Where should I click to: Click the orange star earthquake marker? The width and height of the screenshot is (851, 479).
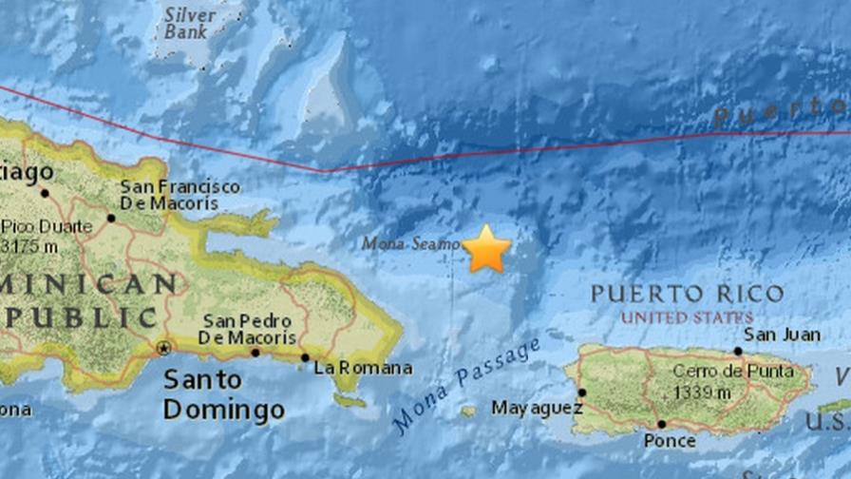[x=486, y=249]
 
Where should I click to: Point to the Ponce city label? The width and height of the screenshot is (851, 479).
[x=671, y=441]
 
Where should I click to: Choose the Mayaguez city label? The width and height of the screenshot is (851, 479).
[x=523, y=408]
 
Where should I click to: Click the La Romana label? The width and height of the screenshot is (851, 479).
[x=363, y=368]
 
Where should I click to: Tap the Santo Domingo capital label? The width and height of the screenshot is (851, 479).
[x=223, y=394]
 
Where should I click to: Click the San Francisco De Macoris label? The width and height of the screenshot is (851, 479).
[x=180, y=195]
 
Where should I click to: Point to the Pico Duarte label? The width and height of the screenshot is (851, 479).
[x=47, y=226]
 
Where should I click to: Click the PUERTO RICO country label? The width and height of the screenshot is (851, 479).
[x=688, y=294]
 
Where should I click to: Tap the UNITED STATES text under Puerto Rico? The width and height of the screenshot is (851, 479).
[x=688, y=316]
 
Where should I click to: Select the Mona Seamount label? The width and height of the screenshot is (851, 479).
[x=410, y=244]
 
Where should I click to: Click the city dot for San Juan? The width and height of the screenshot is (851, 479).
[x=737, y=351]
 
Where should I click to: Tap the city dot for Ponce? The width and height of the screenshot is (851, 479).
[x=661, y=425]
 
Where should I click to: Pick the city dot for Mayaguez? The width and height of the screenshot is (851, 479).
[x=581, y=392]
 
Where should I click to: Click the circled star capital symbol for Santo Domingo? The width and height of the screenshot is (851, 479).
[x=163, y=347]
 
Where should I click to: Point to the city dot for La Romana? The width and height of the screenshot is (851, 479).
[x=305, y=358]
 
